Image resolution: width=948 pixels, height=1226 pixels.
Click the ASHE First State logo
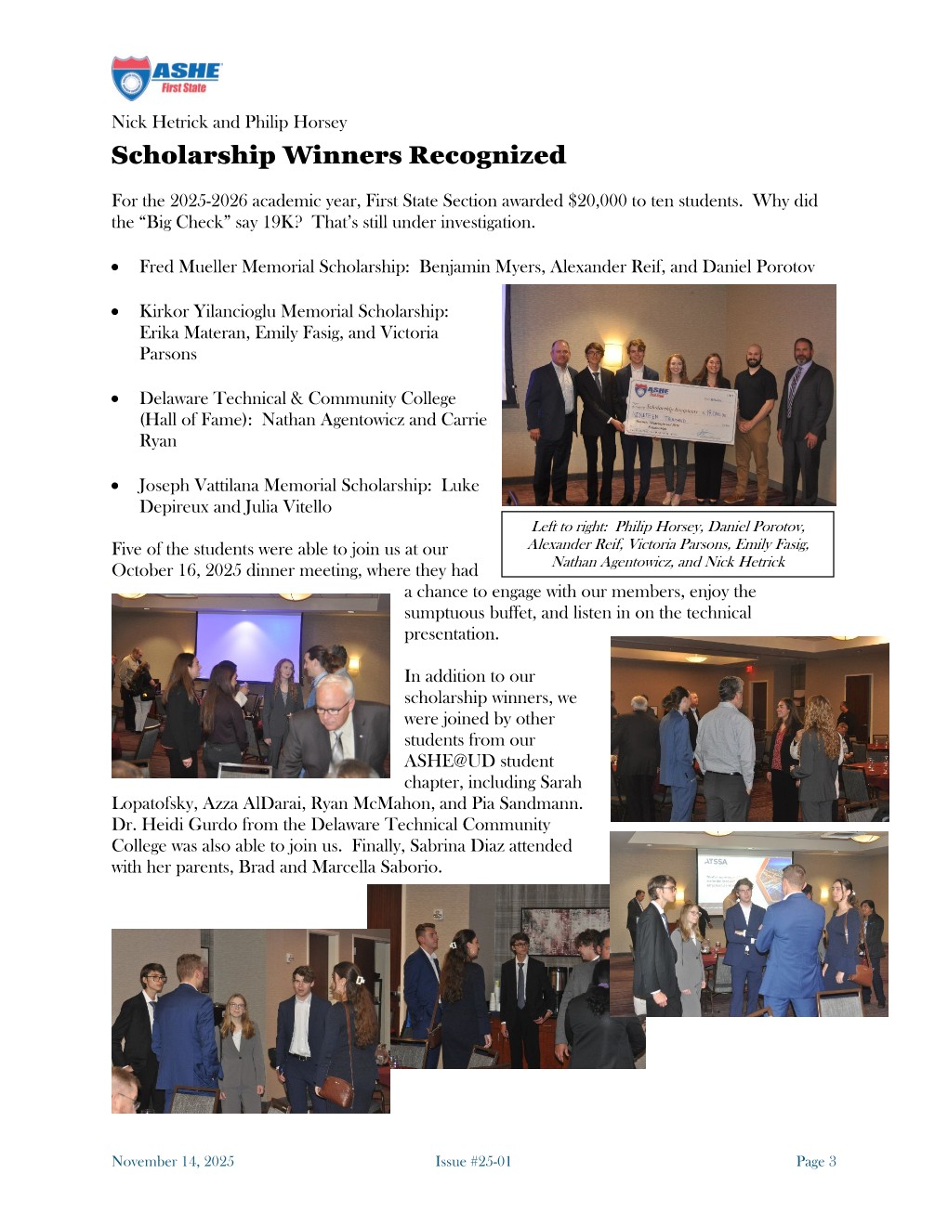(165, 78)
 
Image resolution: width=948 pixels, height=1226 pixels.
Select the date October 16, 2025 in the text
(187, 570)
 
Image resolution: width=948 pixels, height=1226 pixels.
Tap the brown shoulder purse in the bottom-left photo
(338, 1089)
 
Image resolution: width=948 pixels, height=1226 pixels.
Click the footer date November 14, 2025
(173, 1161)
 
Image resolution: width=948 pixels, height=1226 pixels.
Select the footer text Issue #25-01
(473, 1161)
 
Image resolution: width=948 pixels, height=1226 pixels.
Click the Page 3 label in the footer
(815, 1161)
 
